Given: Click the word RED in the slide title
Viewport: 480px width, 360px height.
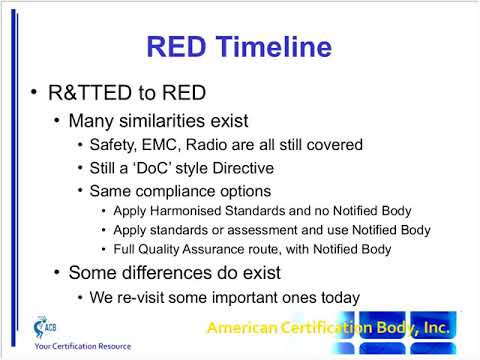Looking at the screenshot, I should (x=176, y=46).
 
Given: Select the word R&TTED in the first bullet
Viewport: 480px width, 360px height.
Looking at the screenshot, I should (x=85, y=95).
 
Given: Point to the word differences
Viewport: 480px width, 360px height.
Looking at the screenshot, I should (x=162, y=272).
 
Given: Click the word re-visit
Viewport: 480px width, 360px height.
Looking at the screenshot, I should (x=142, y=297).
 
